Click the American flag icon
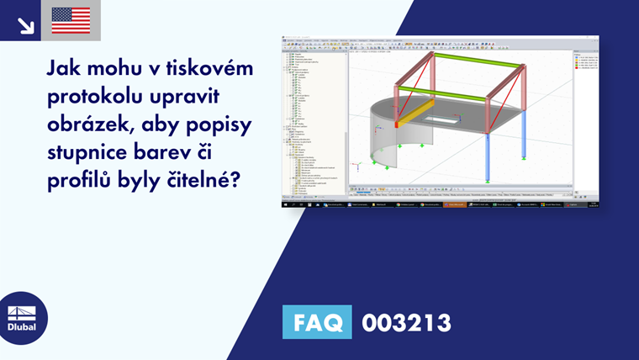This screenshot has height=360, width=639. coord(71,20)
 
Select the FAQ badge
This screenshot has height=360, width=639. coord(317,321)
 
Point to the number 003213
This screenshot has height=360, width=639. coord(406,322)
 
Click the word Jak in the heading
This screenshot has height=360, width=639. coord(66,66)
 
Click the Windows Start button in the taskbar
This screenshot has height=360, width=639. coord(285,204)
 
